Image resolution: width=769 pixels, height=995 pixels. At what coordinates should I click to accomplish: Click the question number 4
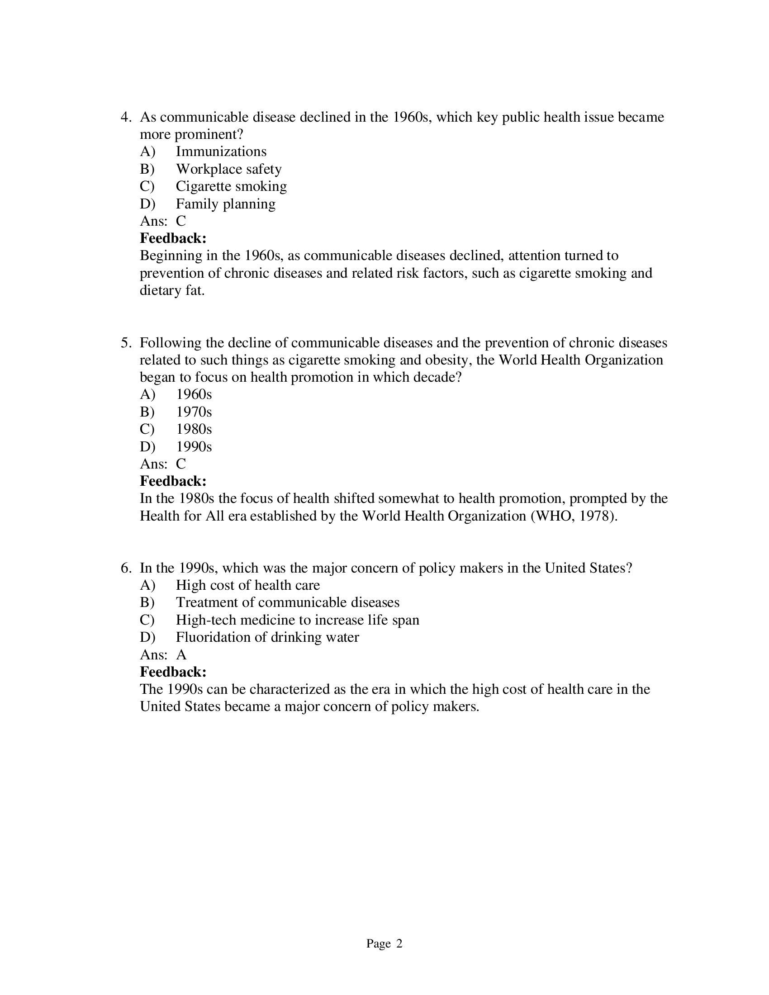pyautogui.click(x=125, y=118)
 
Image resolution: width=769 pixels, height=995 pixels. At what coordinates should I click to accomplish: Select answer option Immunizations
pyautogui.click(x=221, y=152)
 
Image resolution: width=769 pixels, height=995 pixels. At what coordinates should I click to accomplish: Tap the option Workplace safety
pyautogui.click(x=229, y=169)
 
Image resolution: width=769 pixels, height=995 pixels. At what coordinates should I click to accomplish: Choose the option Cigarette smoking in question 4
pyautogui.click(x=231, y=186)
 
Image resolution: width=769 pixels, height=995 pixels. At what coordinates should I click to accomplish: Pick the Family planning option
pyautogui.click(x=226, y=204)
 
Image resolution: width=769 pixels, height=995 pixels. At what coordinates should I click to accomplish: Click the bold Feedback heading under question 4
pyautogui.click(x=173, y=238)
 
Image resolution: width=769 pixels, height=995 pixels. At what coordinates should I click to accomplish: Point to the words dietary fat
pyautogui.click(x=172, y=290)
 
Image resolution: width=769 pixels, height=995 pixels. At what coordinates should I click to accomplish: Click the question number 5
pyautogui.click(x=125, y=343)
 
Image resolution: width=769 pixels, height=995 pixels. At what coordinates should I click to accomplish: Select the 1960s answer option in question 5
pyautogui.click(x=194, y=394)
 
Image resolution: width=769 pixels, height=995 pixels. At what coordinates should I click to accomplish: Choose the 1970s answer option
pyautogui.click(x=194, y=412)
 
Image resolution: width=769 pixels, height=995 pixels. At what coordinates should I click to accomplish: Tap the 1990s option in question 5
pyautogui.click(x=194, y=446)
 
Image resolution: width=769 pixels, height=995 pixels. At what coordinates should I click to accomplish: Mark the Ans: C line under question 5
pyautogui.click(x=163, y=464)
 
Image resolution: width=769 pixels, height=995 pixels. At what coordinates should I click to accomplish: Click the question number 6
pyautogui.click(x=125, y=568)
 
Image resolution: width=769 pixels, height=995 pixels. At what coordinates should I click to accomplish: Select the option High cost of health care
pyautogui.click(x=248, y=585)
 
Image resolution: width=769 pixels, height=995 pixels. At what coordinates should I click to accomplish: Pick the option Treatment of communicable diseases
pyautogui.click(x=287, y=603)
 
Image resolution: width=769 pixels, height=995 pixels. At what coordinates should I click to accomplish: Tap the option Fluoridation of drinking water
pyautogui.click(x=267, y=637)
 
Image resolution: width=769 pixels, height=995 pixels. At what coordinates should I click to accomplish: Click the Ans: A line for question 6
pyautogui.click(x=163, y=655)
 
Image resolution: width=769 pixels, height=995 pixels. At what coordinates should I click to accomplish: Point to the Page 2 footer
pyautogui.click(x=384, y=944)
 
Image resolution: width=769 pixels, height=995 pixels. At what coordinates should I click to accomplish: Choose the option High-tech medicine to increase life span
pyautogui.click(x=298, y=620)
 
